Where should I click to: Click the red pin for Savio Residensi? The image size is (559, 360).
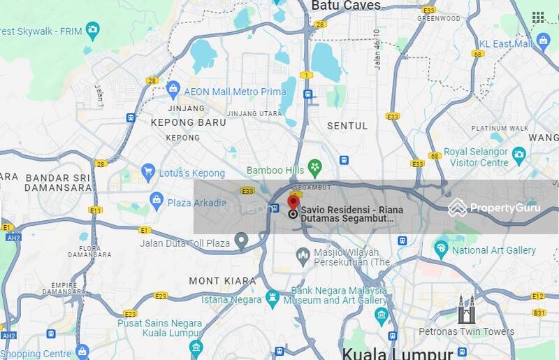point(293,203)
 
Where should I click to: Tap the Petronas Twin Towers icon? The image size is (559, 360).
point(466,310)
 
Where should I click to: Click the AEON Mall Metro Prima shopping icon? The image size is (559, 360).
point(173,89)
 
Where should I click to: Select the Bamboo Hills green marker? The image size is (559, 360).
point(315,168)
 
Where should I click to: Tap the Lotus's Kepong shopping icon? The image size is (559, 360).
point(147,171)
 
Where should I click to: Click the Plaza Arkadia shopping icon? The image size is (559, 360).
point(157,201)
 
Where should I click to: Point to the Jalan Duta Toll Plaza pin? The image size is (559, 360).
point(241,242)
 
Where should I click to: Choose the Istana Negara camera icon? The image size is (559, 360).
point(273,298)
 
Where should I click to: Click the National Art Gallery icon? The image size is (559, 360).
point(441,248)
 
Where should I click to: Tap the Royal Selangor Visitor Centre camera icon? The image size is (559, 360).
point(518,154)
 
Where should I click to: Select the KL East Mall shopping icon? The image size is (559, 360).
point(544,42)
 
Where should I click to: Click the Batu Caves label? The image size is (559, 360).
point(346,6)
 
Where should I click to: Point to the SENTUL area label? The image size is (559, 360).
point(347,126)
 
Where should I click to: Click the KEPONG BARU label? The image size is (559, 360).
point(189,122)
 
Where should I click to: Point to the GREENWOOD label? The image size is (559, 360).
point(437,18)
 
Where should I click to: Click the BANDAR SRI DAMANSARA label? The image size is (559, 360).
point(58,182)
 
